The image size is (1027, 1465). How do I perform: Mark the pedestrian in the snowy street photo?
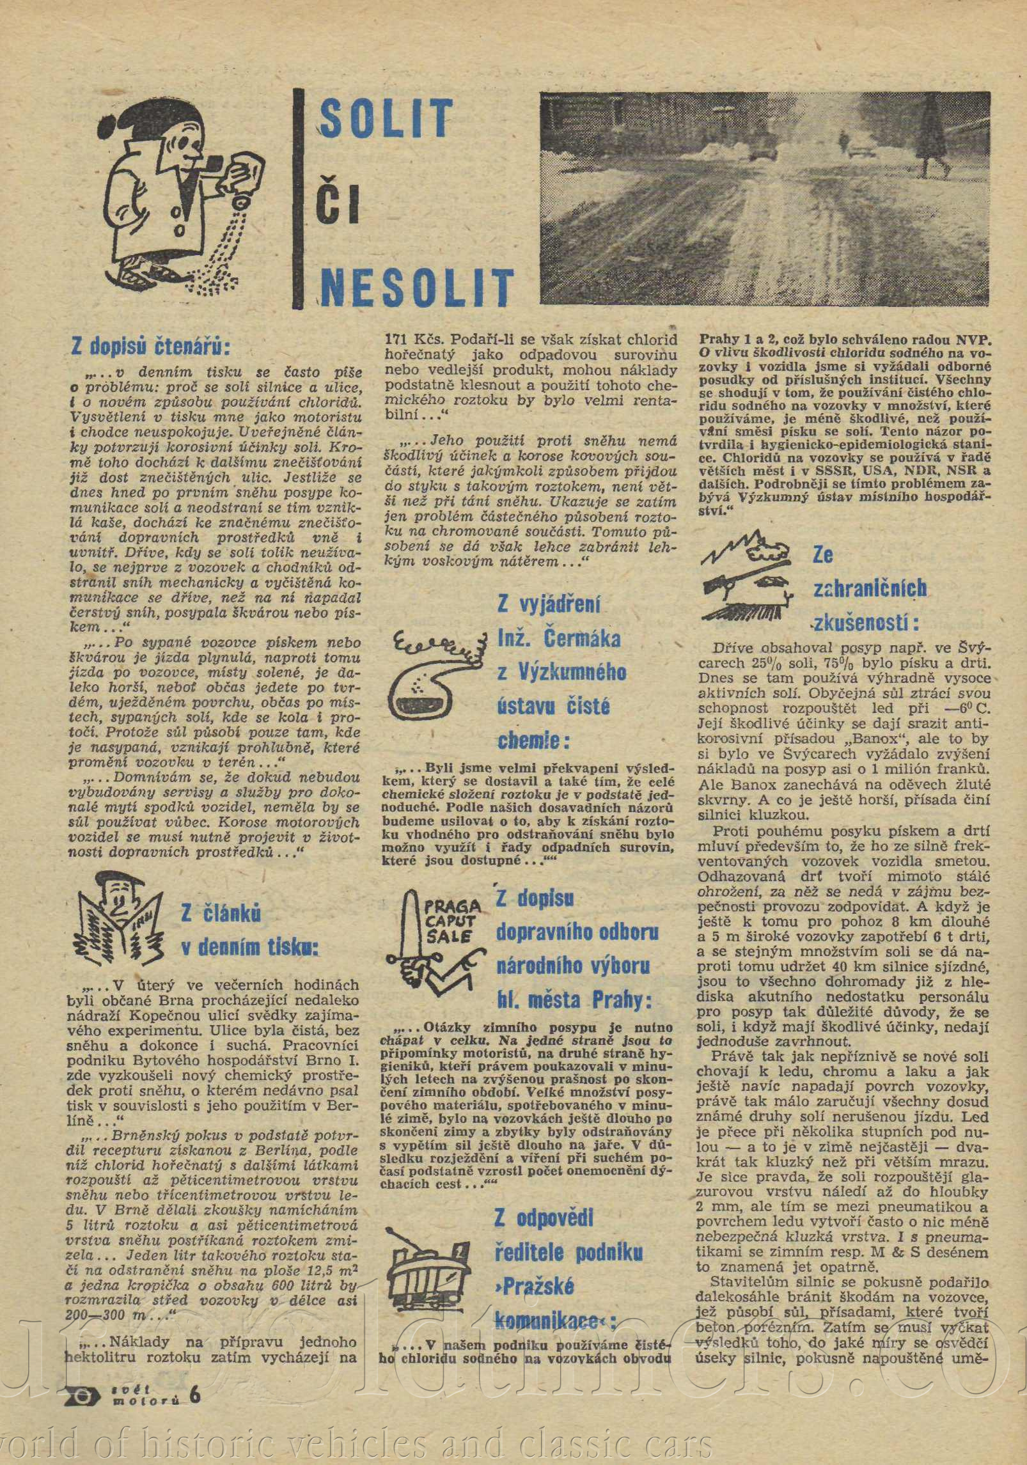pos(844,137)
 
